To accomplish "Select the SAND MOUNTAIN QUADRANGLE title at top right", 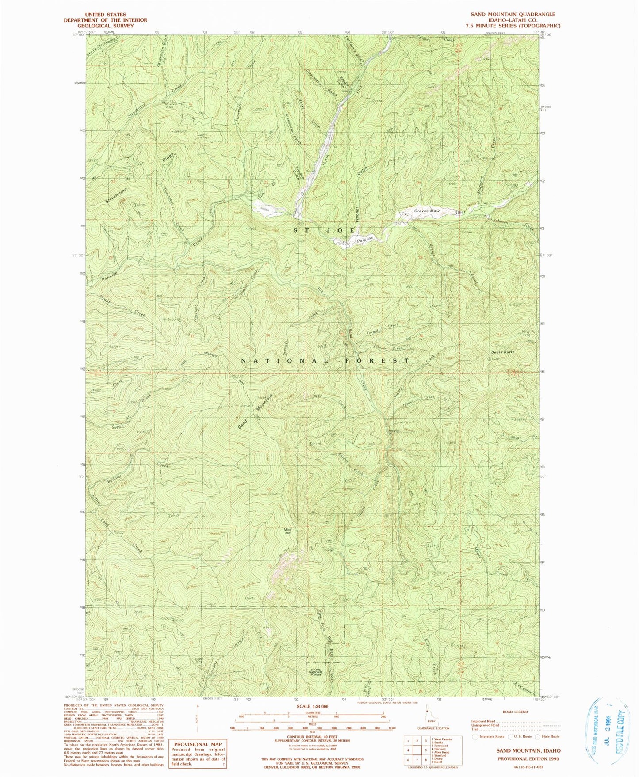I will click(x=513, y=15).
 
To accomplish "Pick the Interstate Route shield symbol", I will click(x=476, y=737).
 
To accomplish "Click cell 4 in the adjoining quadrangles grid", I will click(x=407, y=750).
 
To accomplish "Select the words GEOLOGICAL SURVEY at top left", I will click(x=105, y=26).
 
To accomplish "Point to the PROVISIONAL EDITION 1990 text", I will click(x=529, y=758).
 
